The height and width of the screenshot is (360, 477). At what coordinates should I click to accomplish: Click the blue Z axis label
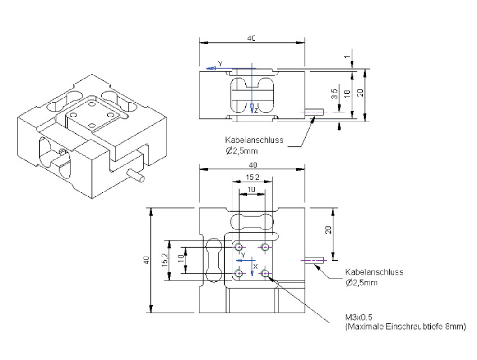click(x=256, y=111)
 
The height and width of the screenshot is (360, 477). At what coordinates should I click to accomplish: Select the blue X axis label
click(x=255, y=267)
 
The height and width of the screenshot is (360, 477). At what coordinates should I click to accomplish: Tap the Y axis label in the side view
click(x=220, y=63)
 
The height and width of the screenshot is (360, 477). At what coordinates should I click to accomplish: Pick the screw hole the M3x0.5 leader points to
click(x=264, y=273)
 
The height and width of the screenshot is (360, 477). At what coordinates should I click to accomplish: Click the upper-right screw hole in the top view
click(x=264, y=247)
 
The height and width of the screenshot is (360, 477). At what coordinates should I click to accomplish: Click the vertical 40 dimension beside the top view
click(x=146, y=260)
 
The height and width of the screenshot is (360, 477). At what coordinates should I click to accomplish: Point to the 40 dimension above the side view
click(x=252, y=38)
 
